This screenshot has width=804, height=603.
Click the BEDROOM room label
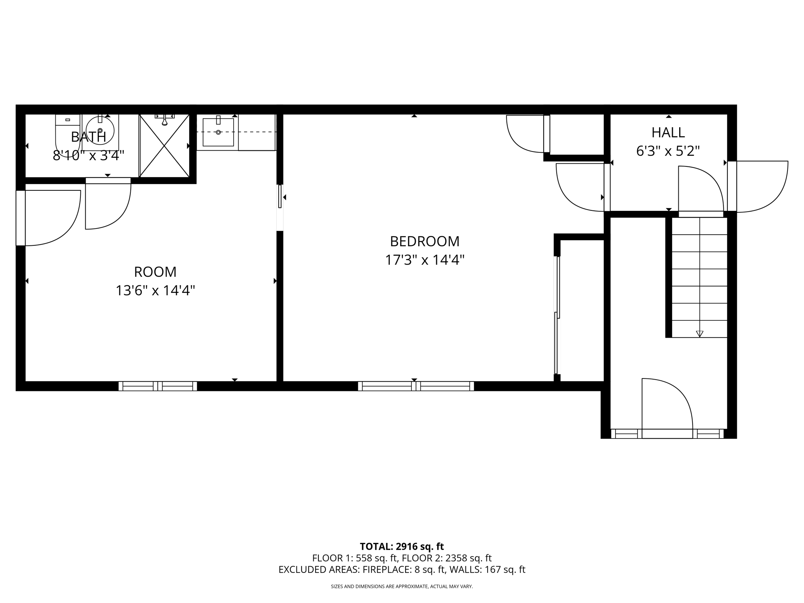click(x=424, y=241)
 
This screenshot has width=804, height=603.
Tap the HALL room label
click(x=668, y=133)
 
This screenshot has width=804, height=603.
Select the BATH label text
click(x=88, y=137)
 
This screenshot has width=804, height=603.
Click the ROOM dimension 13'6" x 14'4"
click(x=155, y=291)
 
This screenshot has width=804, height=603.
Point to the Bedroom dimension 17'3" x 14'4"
click(x=424, y=260)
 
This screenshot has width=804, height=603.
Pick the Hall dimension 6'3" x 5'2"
click(x=668, y=151)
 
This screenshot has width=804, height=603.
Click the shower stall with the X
click(x=164, y=146)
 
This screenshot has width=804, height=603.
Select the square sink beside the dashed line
click(x=218, y=132)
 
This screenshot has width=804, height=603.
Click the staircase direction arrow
click(x=700, y=333)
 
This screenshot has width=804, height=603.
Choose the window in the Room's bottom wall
click(x=158, y=386)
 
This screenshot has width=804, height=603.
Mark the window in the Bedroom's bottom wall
click(x=416, y=386)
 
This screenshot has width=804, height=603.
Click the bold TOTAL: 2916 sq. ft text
click(x=402, y=546)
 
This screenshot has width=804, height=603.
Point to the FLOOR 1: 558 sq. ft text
click(x=355, y=558)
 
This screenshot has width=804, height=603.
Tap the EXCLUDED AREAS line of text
click(x=402, y=570)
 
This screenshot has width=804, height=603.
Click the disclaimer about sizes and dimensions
click(x=402, y=587)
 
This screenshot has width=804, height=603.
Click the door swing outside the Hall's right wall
click(x=762, y=186)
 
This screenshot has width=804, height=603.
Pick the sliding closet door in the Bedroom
click(x=557, y=314)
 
